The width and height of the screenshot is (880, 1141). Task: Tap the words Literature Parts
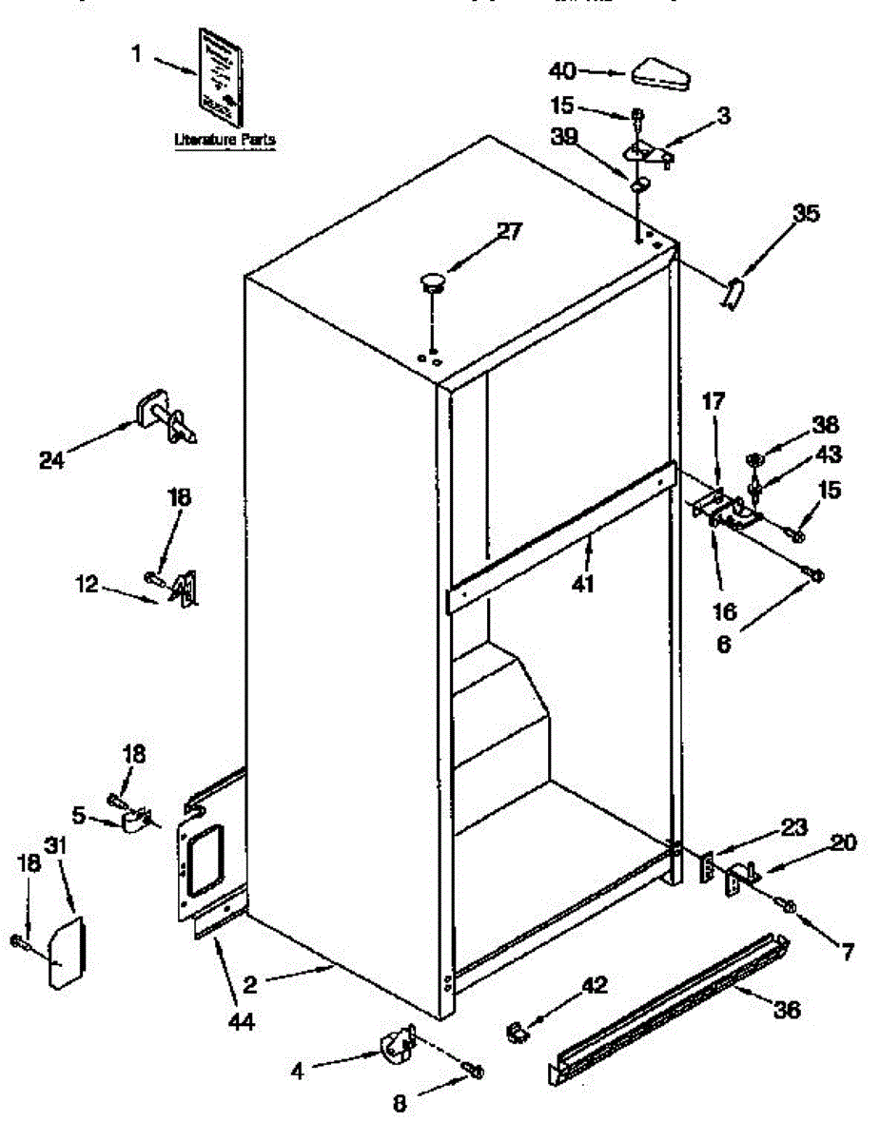click(225, 140)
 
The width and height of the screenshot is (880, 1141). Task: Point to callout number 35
click(805, 214)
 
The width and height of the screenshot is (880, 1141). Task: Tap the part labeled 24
click(166, 418)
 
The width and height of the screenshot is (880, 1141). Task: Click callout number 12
click(87, 586)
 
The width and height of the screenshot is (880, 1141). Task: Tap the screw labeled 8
click(475, 1072)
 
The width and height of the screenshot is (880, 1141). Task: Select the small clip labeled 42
click(517, 1030)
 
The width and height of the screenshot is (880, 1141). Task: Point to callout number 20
click(843, 842)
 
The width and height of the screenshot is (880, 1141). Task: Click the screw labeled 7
click(789, 905)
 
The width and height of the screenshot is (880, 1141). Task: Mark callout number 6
click(724, 644)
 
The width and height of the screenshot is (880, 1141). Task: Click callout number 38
click(824, 426)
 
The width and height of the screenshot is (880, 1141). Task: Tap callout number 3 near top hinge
click(724, 116)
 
